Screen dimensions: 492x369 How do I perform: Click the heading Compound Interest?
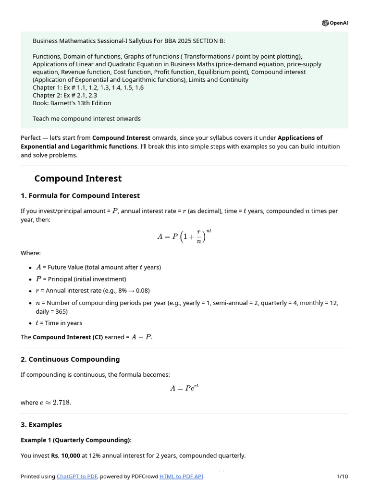tap(78, 179)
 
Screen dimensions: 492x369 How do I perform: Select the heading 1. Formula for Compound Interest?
tap(80, 196)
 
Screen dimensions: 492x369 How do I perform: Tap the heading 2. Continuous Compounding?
tap(70, 359)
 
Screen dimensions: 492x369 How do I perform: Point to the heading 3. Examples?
tap(41, 425)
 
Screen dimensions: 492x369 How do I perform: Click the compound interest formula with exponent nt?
tap(184, 236)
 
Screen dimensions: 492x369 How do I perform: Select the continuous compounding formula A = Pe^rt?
tap(184, 388)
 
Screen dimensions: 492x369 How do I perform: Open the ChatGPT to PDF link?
tap(77, 476)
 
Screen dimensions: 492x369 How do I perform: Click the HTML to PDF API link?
tap(182, 476)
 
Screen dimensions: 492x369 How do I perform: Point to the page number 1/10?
tap(342, 476)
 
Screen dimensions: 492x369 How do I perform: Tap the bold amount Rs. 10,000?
tap(65, 455)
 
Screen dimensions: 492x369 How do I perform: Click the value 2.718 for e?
tap(61, 403)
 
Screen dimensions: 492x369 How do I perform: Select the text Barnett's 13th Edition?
tap(80, 103)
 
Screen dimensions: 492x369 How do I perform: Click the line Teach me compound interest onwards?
tap(86, 118)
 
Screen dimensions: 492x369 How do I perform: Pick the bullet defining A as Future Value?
tap(98, 267)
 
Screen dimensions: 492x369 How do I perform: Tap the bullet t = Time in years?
tap(59, 323)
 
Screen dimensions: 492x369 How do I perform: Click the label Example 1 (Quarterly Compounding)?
tap(75, 440)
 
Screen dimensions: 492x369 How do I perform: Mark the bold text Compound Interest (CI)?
tap(67, 337)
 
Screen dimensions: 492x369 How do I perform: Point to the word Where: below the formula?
tap(31, 253)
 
